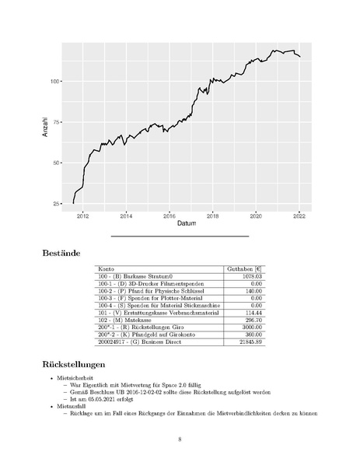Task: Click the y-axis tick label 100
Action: pos(56,81)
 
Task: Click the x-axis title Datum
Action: pos(187,224)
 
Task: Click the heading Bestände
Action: pos(68,252)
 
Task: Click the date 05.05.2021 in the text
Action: pos(114,398)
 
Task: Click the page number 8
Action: pos(180,439)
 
